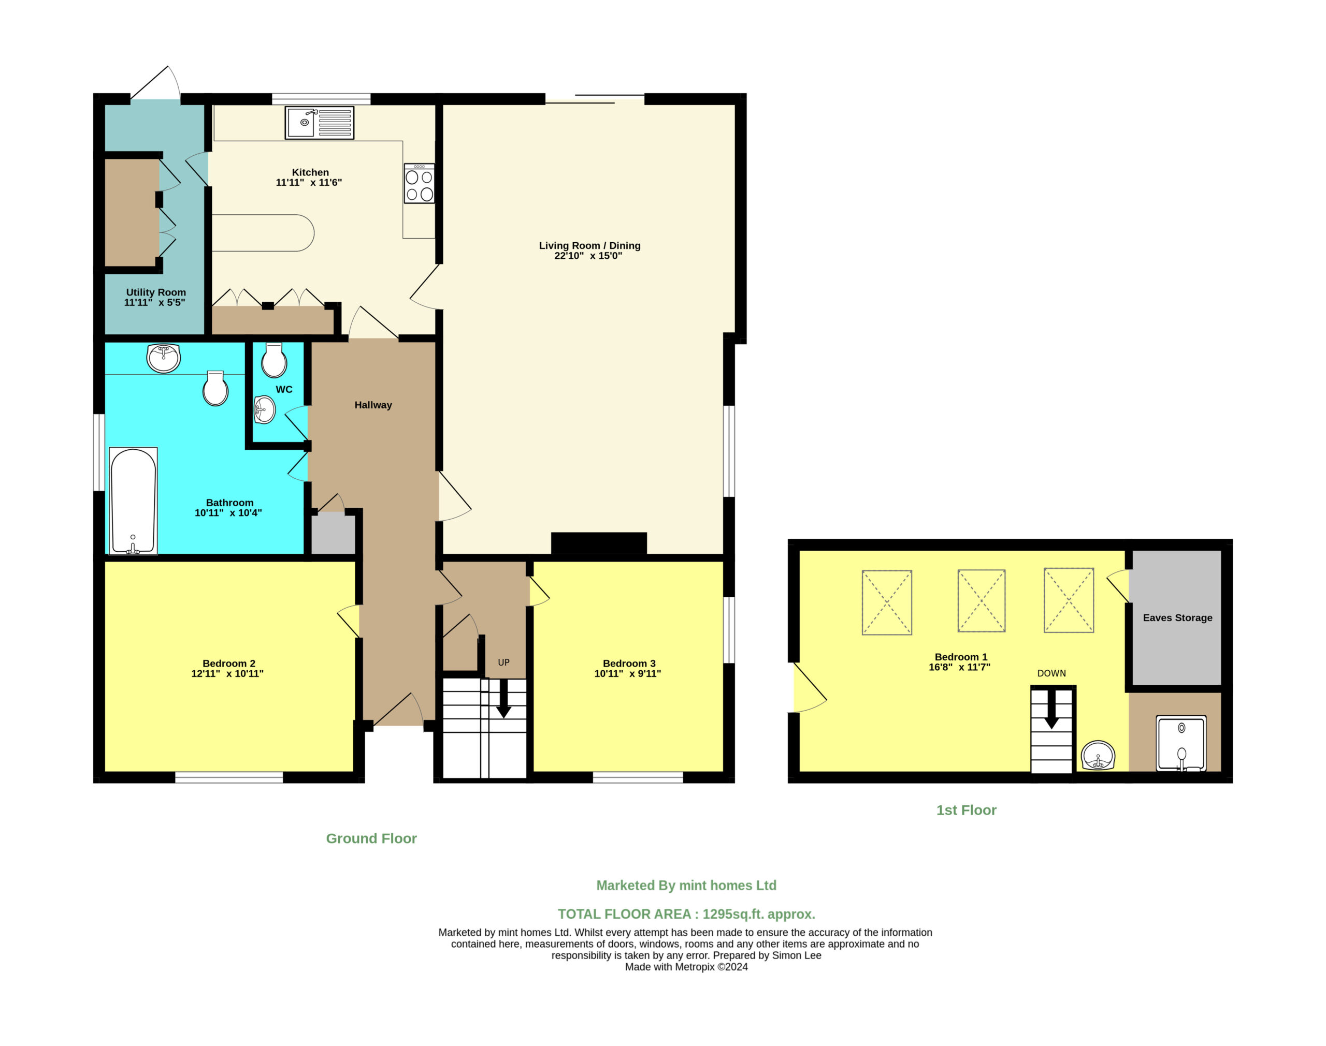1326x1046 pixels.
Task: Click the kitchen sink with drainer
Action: (x=319, y=123)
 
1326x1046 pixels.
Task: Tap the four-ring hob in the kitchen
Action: (x=419, y=183)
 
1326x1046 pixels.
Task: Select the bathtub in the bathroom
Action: (x=133, y=501)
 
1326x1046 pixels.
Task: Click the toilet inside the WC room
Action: (x=274, y=360)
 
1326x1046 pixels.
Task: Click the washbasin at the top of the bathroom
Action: (x=164, y=358)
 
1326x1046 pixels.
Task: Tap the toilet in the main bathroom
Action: (x=215, y=388)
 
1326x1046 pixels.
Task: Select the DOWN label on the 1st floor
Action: (x=1051, y=673)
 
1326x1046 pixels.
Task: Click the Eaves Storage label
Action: (x=1177, y=618)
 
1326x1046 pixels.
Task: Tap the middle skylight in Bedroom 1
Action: (x=982, y=601)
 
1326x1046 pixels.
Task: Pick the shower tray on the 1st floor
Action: (x=1181, y=743)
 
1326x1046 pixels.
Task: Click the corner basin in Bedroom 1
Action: (x=1098, y=755)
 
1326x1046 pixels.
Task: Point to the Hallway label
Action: (x=373, y=405)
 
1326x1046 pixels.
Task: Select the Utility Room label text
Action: (x=155, y=292)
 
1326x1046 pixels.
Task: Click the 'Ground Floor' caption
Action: (x=371, y=838)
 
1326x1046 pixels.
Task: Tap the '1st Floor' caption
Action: (x=967, y=810)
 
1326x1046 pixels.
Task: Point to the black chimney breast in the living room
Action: (x=599, y=543)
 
